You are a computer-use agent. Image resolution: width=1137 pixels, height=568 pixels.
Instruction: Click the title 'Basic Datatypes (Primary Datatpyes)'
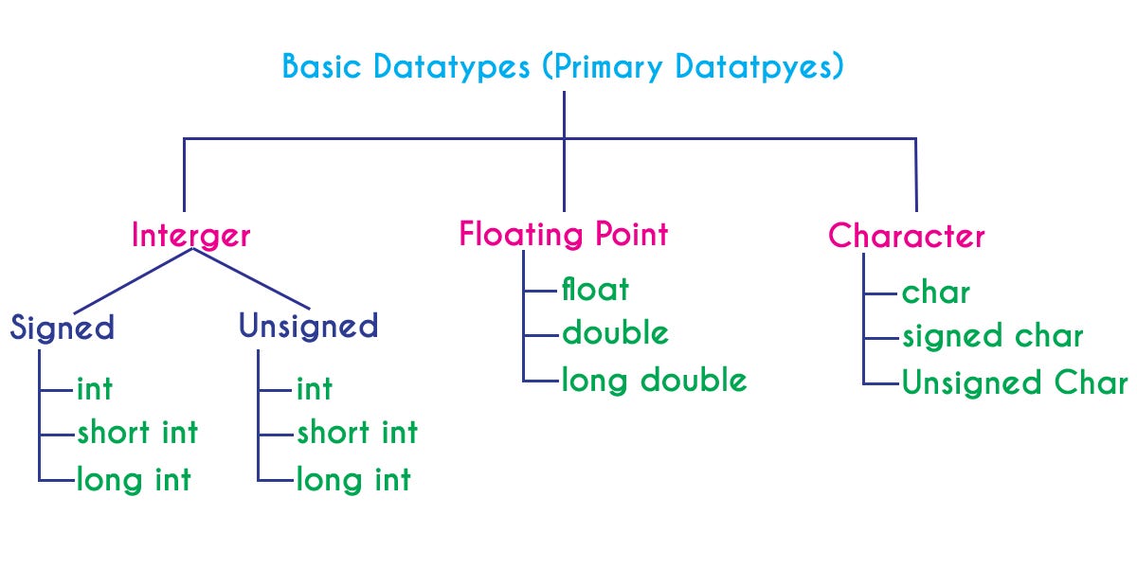[563, 67]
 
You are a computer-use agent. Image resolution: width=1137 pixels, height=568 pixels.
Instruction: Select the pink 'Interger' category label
[191, 235]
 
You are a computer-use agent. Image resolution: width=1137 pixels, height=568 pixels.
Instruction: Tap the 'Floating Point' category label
[564, 234]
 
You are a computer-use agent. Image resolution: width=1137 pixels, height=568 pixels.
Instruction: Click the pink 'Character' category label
[907, 236]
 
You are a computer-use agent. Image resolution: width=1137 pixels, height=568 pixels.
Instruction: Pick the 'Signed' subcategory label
[63, 328]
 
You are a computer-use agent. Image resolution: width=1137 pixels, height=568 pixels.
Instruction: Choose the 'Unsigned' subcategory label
[308, 327]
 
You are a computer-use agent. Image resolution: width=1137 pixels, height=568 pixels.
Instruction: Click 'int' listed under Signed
[94, 388]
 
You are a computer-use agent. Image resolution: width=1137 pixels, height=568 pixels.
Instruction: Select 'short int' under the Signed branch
[137, 433]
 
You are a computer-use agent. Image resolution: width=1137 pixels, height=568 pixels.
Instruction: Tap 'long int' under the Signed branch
[134, 479]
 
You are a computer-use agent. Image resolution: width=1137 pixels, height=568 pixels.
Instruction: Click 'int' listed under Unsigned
[314, 388]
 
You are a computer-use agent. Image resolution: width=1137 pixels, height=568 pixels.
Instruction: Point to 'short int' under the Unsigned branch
[357, 433]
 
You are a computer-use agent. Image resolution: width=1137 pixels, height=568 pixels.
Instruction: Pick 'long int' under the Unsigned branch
[353, 479]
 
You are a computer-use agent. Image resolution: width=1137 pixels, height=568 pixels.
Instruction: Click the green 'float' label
[595, 288]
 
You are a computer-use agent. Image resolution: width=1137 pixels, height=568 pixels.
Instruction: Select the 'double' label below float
[615, 333]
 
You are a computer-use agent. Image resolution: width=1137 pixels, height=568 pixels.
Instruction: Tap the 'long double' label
[654, 380]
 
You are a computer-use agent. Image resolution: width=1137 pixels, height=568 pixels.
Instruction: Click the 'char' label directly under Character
[936, 293]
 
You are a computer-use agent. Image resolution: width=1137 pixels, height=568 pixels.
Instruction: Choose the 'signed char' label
[992, 336]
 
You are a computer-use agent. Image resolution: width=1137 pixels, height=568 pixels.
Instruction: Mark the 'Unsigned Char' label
[1015, 383]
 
